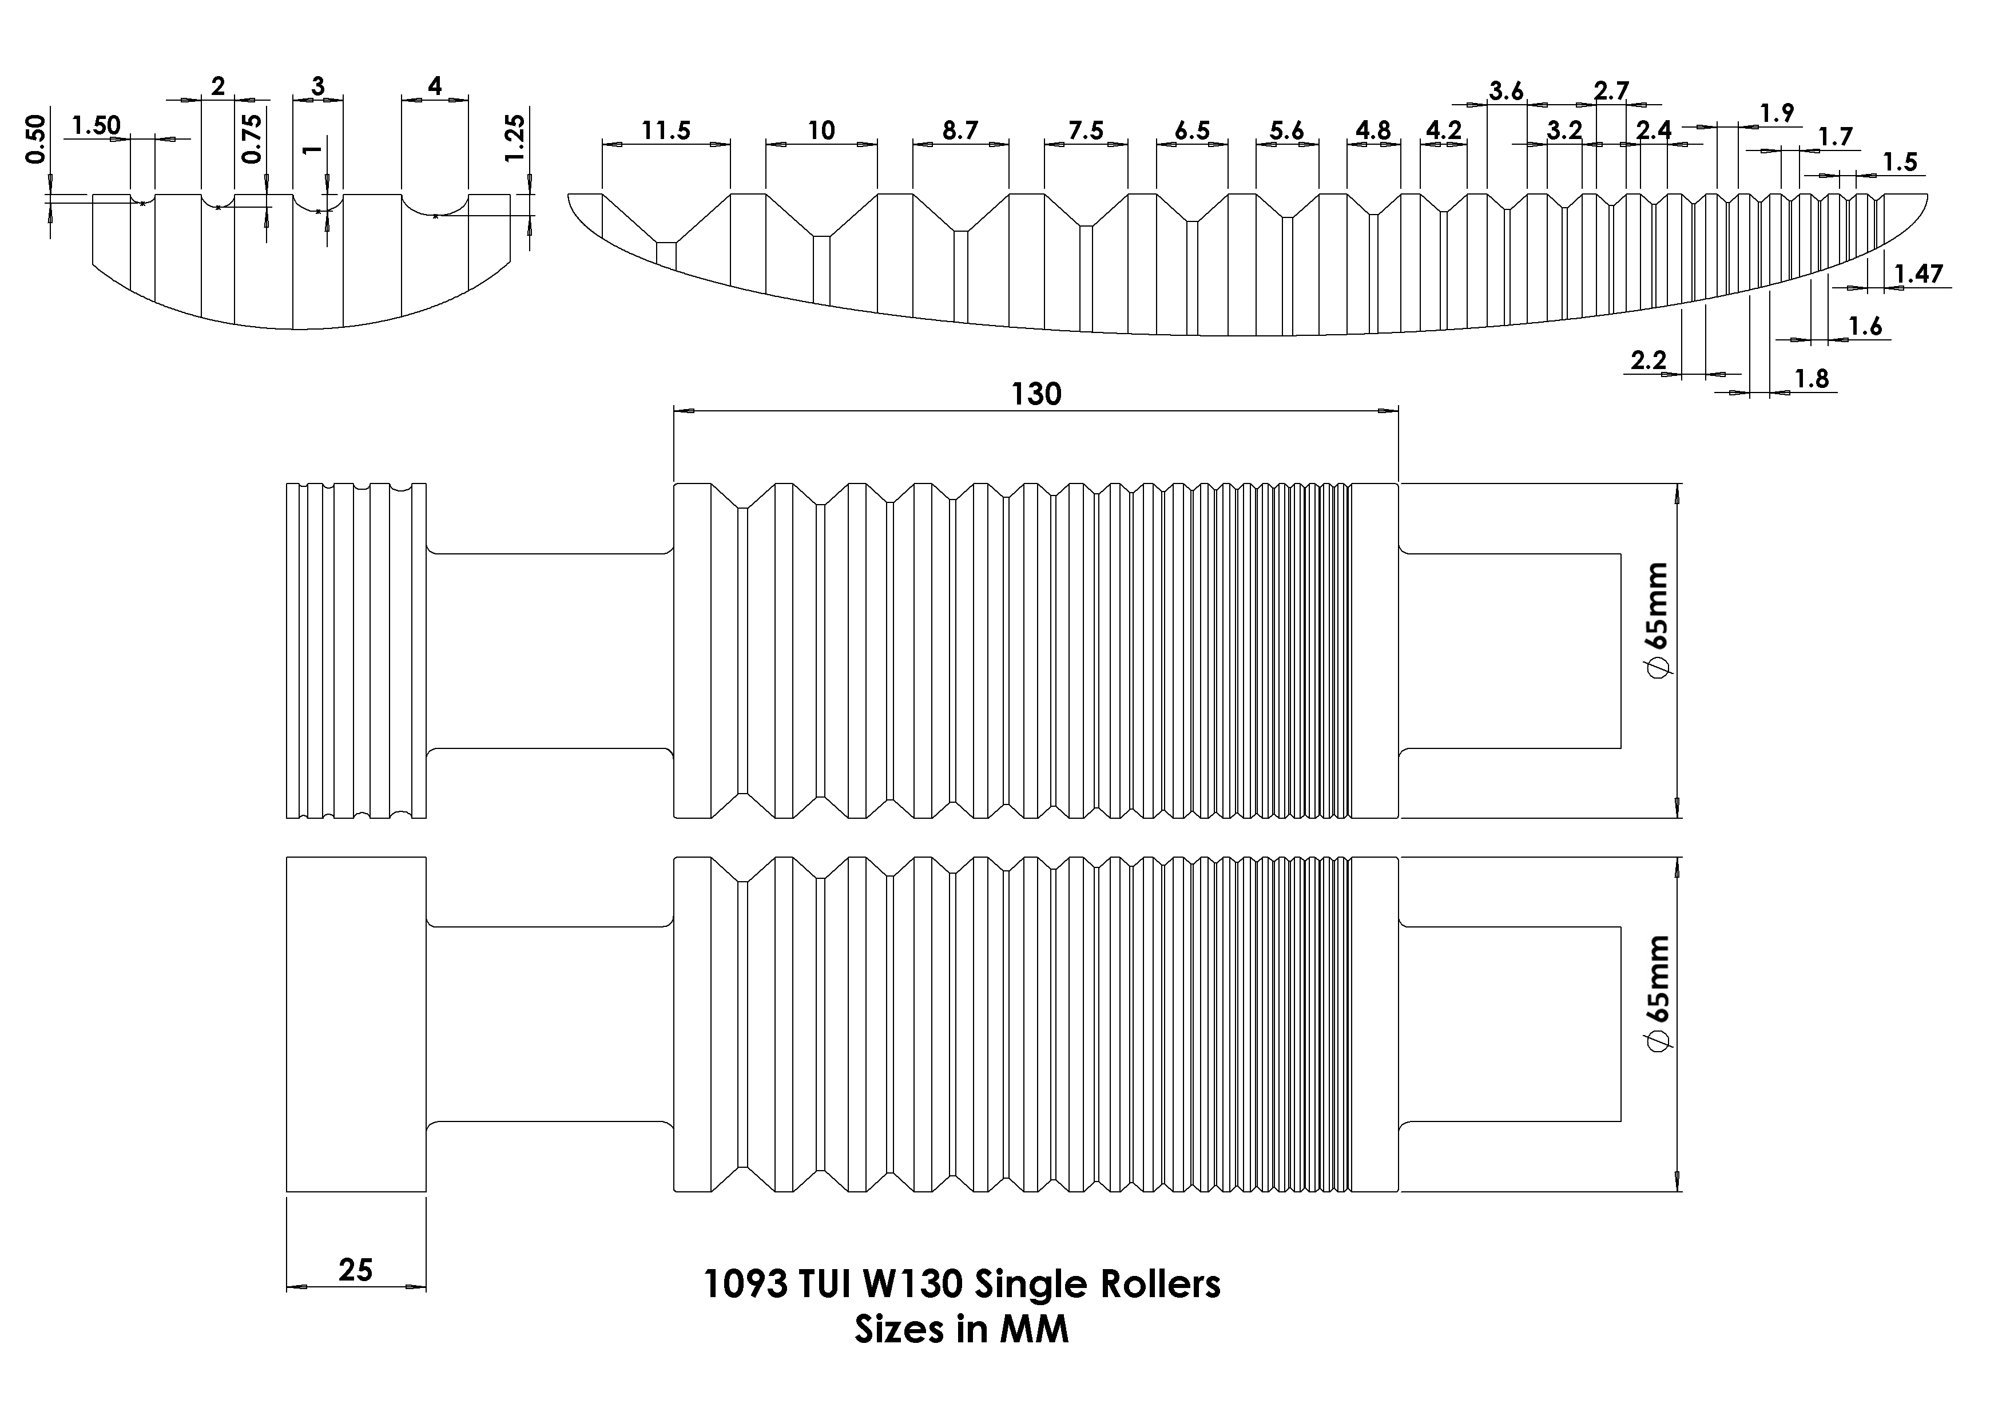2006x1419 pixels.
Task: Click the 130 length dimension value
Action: [1036, 395]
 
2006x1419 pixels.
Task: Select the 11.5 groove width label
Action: [666, 131]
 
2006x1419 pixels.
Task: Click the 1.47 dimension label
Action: [1918, 275]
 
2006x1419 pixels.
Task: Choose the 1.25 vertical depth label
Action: [515, 138]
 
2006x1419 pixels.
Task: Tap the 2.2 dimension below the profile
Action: [1649, 360]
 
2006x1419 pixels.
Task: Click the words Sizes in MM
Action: [961, 1330]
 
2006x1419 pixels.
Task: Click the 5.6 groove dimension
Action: [1286, 131]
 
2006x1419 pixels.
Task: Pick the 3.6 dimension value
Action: [1506, 91]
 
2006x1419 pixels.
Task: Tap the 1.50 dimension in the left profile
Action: [96, 126]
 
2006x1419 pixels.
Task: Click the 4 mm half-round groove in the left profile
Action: [435, 205]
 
